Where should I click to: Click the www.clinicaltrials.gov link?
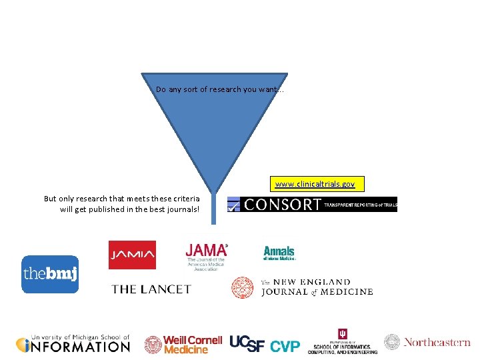tap(315, 183)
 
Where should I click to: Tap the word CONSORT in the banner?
tap(283, 205)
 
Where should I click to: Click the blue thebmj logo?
tap(50, 274)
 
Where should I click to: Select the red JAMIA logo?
tap(132, 255)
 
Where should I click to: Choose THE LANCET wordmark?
tap(151, 289)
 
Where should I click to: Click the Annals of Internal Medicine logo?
tap(279, 253)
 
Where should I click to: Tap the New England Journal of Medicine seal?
tap(243, 287)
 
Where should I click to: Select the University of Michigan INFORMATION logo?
tap(73, 344)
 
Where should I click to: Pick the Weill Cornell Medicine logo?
tap(183, 345)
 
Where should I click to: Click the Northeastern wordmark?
tap(436, 342)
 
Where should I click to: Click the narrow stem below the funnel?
tap(215, 210)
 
